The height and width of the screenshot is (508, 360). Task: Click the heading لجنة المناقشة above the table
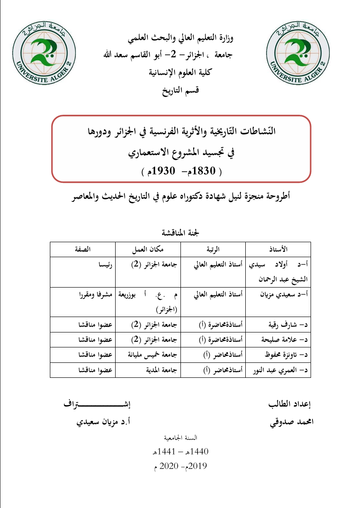[180, 234]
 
